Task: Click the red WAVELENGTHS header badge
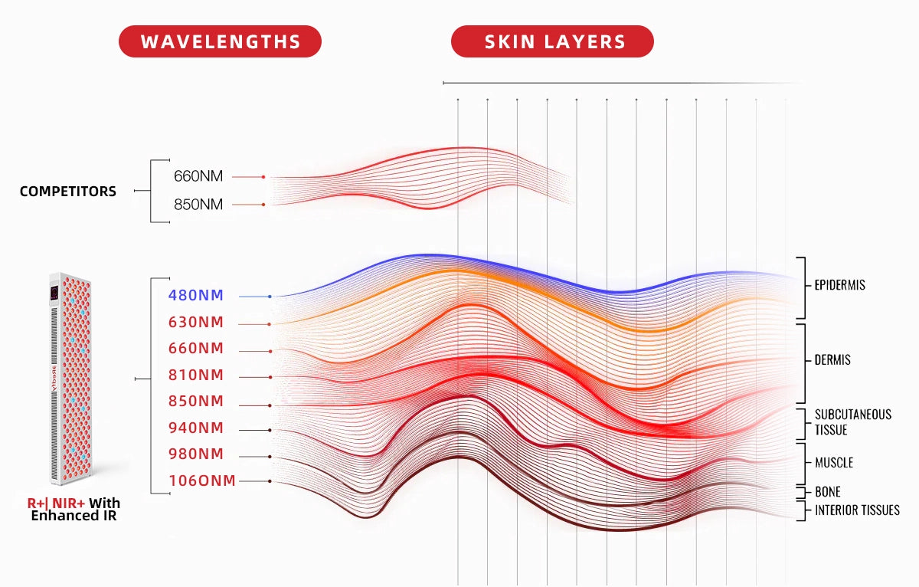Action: (x=220, y=41)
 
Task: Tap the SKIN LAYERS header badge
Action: (x=552, y=41)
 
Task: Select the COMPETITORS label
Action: (x=68, y=191)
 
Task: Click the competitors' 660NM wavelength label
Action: (x=198, y=176)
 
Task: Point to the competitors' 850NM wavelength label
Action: (x=198, y=205)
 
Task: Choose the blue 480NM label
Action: (x=196, y=295)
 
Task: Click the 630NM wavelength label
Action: (x=196, y=322)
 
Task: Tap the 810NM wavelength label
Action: (x=196, y=375)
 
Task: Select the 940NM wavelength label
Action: (x=196, y=428)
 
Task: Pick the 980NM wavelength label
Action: (x=196, y=454)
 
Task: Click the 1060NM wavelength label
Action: (x=202, y=480)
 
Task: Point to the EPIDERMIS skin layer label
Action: (x=839, y=285)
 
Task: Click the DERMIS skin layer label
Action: (x=832, y=360)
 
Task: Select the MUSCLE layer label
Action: (x=833, y=463)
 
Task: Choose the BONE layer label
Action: (x=827, y=492)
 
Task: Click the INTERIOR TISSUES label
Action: (x=857, y=510)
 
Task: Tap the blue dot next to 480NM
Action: (x=270, y=296)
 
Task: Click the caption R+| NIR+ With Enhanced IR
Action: (x=74, y=510)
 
